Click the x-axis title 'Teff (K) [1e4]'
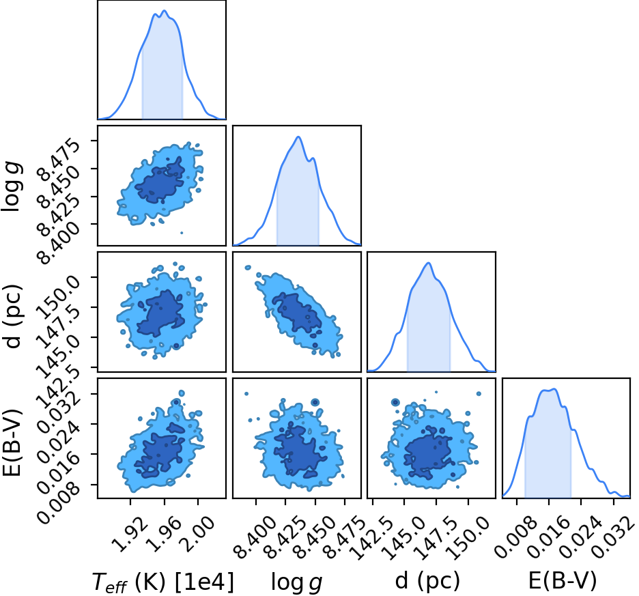click(163, 582)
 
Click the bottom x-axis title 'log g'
click(297, 582)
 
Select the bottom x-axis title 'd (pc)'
click(427, 581)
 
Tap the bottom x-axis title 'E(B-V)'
click(563, 581)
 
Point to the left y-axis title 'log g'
click(12, 186)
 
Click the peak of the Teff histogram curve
click(165, 11)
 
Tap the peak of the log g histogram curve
click(298, 137)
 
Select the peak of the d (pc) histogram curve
click(428, 263)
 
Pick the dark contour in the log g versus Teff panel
click(160, 181)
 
